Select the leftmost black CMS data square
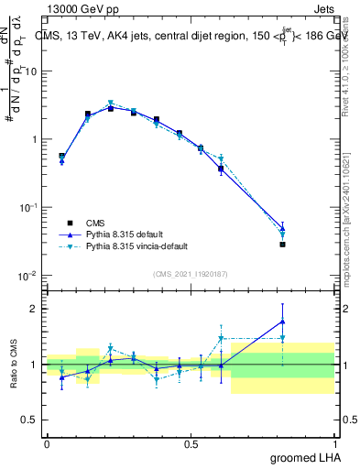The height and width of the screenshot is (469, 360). coord(61,156)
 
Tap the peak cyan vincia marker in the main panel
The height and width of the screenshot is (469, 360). coord(111,104)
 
